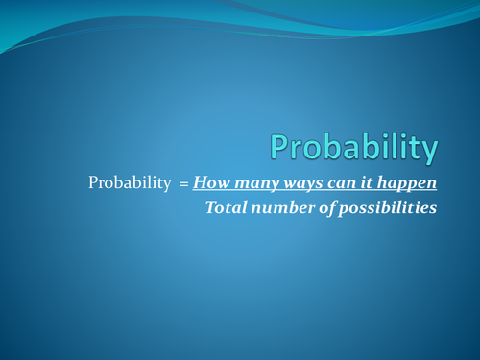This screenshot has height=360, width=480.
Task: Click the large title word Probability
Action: pos(353,148)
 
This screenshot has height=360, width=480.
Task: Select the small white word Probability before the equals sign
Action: pos(128,182)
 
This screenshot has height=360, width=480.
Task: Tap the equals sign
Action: pos(182,182)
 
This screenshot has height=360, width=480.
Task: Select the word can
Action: pos(332,182)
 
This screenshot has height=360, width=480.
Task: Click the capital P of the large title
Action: pos(280,147)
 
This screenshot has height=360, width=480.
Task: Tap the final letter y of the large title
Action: pos(428,152)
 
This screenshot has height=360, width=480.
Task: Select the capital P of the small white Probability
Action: pos(93,182)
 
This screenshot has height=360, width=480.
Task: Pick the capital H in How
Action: pos(199,182)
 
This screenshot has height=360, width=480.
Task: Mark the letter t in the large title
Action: pos(414,148)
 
